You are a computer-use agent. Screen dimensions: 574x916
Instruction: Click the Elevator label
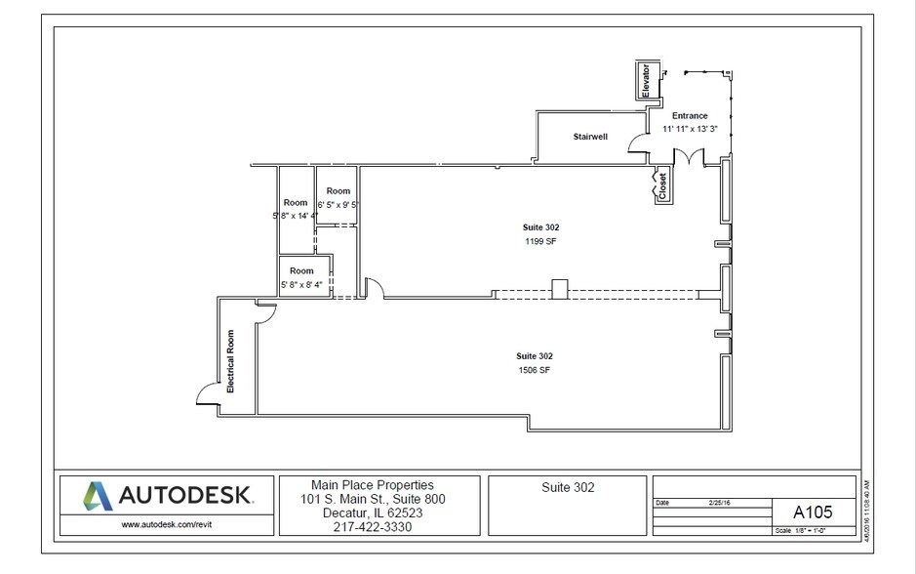645,80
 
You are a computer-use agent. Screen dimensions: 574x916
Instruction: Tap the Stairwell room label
589,137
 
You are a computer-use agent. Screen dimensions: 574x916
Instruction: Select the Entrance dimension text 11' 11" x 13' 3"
690,128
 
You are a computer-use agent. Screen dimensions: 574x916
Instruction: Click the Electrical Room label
231,361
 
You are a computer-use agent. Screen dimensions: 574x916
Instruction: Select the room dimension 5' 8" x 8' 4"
301,285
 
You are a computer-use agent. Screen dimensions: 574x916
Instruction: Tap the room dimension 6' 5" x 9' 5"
339,205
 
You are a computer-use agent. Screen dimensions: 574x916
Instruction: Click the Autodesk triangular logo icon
96,496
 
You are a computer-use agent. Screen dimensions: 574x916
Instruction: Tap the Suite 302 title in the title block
567,487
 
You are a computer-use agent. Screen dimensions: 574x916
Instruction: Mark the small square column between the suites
559,288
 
